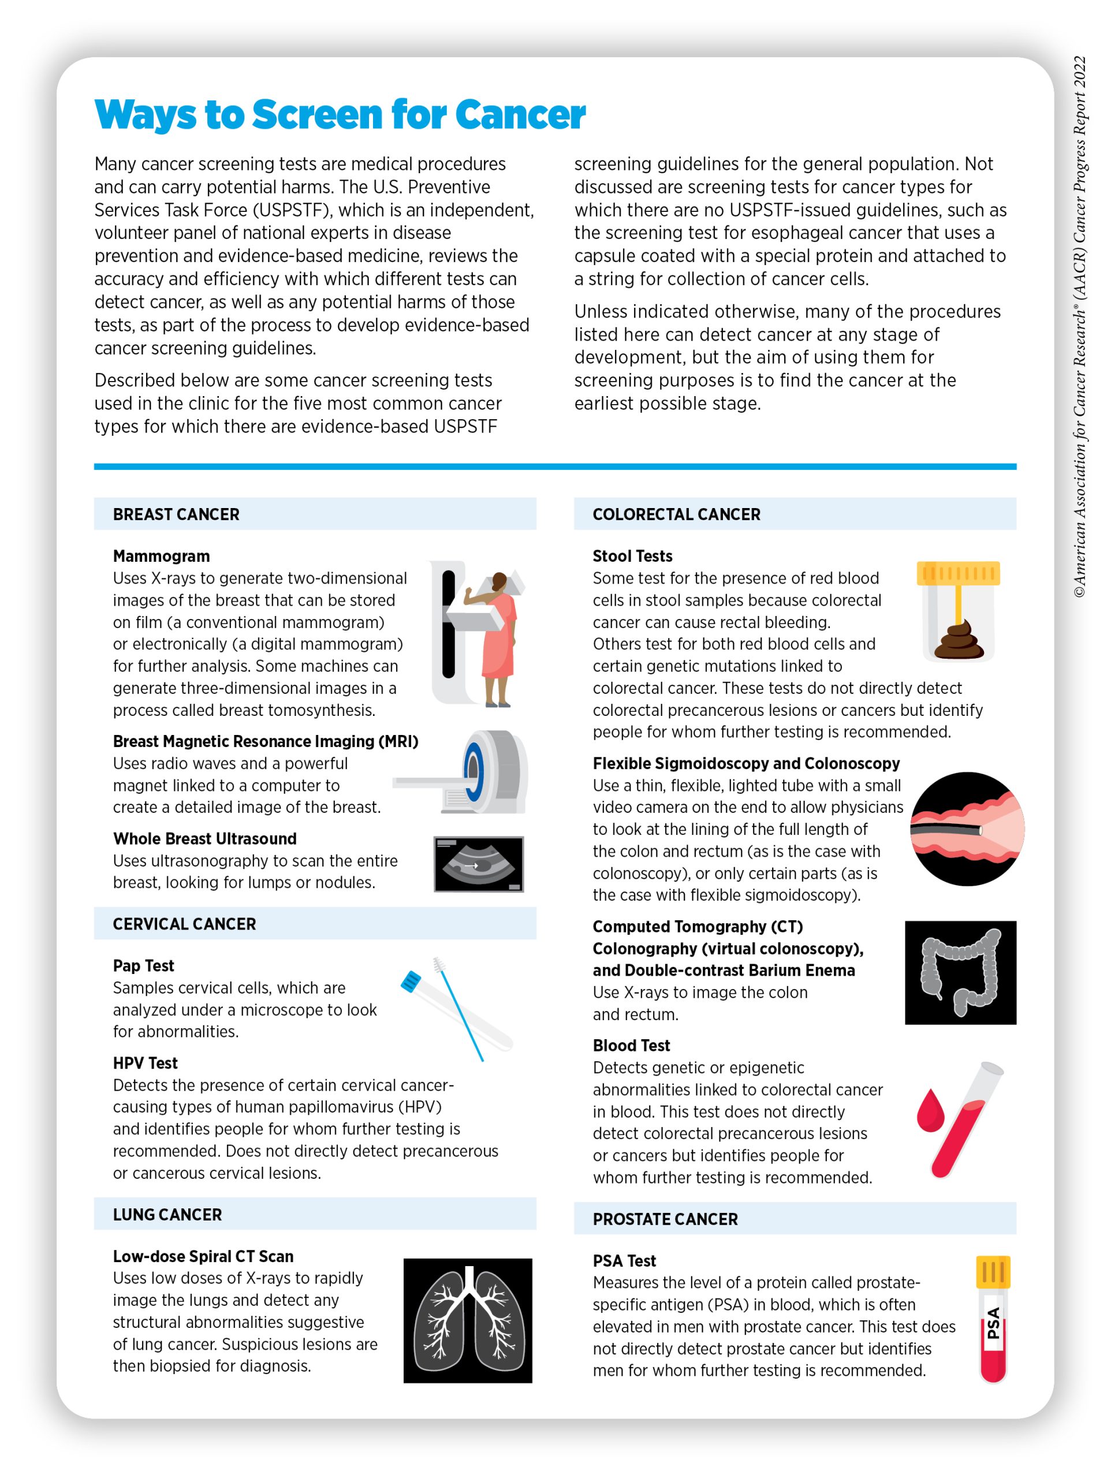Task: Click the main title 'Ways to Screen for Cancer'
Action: [340, 114]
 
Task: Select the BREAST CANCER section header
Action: [176, 514]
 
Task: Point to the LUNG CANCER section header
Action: [167, 1214]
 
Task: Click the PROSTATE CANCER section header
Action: [665, 1219]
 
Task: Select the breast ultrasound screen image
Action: [478, 864]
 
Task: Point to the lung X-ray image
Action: [467, 1320]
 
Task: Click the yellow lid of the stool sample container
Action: [957, 573]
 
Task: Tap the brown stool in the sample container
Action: [957, 641]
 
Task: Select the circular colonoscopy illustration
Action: [967, 828]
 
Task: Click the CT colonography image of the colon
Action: [960, 972]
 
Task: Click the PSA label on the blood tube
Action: [993, 1323]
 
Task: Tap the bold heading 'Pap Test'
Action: [143, 965]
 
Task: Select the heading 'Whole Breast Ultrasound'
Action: [204, 838]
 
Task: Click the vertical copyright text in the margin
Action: [1080, 327]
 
